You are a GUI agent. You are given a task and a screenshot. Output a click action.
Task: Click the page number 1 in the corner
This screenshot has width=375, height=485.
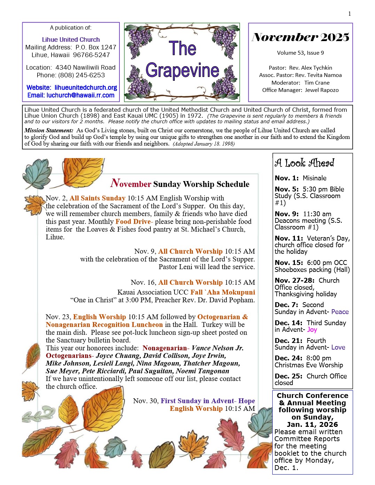point(350,14)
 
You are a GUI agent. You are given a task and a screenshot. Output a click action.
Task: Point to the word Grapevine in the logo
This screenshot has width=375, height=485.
point(182,71)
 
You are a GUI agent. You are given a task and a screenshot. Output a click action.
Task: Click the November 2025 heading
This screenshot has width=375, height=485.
point(300,37)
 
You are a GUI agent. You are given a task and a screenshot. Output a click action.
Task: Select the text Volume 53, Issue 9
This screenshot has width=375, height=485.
point(300,53)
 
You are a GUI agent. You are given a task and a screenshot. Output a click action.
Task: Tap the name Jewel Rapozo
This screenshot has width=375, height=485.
point(322,90)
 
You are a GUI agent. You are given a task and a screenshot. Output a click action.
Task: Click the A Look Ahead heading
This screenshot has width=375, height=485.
point(305,163)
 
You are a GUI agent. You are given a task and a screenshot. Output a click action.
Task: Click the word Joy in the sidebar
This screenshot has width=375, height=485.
point(312,330)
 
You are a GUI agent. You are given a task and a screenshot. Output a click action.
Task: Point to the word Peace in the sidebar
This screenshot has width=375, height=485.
point(340,312)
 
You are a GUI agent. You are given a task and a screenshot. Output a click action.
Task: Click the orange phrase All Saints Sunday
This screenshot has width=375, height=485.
point(97,198)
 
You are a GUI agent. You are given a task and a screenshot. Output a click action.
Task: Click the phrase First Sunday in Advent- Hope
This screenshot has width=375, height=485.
point(208,401)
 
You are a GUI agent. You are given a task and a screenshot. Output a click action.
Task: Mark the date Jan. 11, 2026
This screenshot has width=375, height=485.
point(312,424)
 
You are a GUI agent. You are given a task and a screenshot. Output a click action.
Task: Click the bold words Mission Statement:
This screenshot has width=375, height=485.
point(49,131)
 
